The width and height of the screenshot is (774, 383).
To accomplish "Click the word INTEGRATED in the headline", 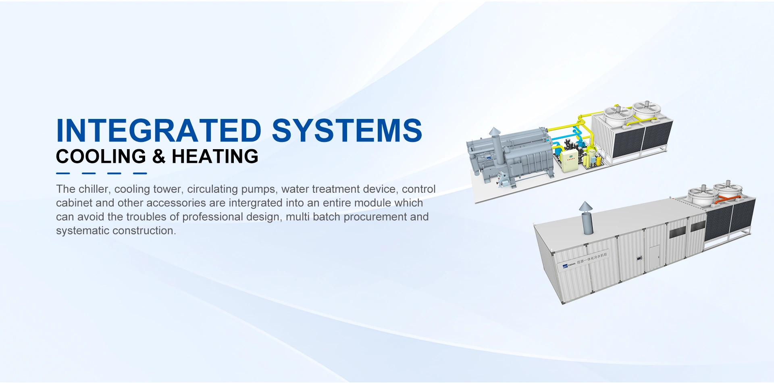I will (159, 131).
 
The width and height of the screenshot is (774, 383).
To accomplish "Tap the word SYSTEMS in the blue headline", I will (347, 131).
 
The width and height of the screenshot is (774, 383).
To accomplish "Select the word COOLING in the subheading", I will (101, 156).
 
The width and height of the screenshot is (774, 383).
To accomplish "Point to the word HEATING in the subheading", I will (215, 156).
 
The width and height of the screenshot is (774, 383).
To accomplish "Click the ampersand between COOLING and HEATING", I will (159, 156).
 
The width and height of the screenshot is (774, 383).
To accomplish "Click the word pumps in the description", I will (258, 189).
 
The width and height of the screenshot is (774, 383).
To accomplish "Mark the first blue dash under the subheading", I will (63, 173).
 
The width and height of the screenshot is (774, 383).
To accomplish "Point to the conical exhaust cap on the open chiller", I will (494, 132).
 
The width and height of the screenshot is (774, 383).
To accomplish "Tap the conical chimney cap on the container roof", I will (586, 207).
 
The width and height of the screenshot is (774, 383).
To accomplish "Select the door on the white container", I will (654, 257).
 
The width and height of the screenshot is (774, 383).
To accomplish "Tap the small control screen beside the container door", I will (638, 258).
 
